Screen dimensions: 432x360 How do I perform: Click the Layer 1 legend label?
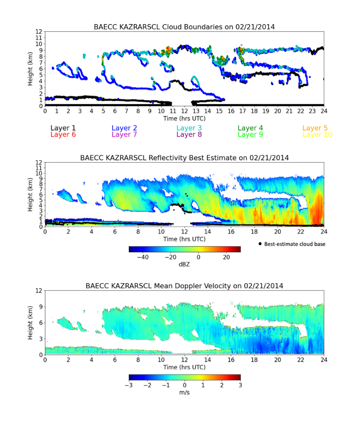(x=63, y=128)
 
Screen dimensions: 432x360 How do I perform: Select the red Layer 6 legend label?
(x=63, y=135)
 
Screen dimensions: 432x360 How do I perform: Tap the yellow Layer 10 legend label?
(x=317, y=135)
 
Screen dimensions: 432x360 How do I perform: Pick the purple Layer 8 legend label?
(x=189, y=135)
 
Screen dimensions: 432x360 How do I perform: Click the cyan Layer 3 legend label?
(x=189, y=128)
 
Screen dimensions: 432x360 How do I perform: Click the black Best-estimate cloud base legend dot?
(x=260, y=244)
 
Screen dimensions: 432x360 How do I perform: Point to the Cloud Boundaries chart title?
(x=184, y=27)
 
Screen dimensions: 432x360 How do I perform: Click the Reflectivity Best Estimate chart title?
(x=184, y=158)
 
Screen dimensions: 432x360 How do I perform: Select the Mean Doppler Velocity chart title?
(x=184, y=286)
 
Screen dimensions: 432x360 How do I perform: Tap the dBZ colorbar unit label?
(x=184, y=264)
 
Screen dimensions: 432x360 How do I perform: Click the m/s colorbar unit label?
(x=184, y=392)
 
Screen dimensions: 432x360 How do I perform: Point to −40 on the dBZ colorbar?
(x=143, y=257)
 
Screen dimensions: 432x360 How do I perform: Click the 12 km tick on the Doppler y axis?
(x=39, y=291)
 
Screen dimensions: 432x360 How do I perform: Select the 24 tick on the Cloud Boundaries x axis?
(x=324, y=112)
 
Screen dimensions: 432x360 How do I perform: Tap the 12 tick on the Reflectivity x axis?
(x=184, y=232)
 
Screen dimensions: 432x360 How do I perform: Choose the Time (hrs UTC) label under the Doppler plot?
(x=184, y=367)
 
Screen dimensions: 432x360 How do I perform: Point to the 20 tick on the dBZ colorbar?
(x=226, y=257)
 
